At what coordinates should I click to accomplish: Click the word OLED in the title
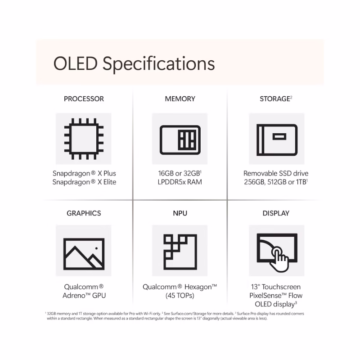(76, 63)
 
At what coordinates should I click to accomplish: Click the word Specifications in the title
(159, 64)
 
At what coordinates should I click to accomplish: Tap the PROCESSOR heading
(84, 99)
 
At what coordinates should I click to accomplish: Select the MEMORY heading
(180, 99)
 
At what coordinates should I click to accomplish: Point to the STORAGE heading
(275, 99)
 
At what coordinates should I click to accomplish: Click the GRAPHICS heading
(84, 213)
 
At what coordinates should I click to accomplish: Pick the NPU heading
(180, 213)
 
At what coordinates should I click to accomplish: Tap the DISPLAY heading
(276, 213)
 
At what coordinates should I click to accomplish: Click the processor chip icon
(84, 139)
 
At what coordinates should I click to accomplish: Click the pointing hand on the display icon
(279, 260)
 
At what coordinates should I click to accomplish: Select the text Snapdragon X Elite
(84, 182)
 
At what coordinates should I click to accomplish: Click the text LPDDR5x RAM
(180, 182)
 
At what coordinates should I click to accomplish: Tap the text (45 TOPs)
(180, 296)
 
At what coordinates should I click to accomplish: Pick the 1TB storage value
(301, 182)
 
